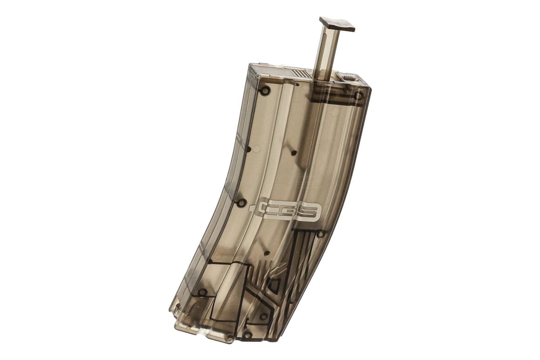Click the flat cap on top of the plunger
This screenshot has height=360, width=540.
point(337,24)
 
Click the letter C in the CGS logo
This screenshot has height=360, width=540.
point(268,209)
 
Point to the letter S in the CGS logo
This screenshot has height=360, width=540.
point(310,212)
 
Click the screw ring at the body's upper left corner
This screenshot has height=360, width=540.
point(265,90)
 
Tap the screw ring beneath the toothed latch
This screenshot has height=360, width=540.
point(358,96)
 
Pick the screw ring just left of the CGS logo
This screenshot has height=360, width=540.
point(241,203)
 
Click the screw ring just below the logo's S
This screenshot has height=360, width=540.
point(320,234)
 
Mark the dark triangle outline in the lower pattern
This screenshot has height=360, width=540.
point(274,285)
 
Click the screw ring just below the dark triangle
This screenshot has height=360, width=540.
point(263,316)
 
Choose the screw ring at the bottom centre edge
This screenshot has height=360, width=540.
point(247,334)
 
